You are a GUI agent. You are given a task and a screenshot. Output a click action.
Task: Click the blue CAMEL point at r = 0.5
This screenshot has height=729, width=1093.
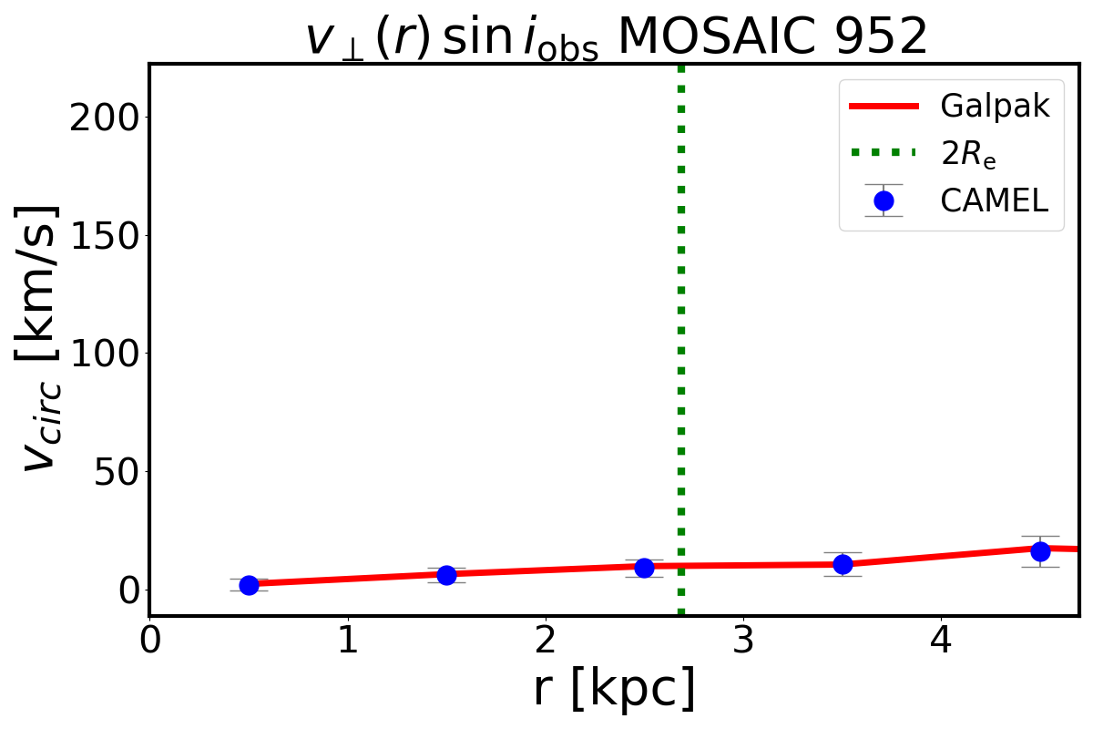coord(249,585)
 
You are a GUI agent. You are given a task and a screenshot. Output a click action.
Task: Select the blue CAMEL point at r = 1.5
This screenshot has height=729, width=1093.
coord(446,575)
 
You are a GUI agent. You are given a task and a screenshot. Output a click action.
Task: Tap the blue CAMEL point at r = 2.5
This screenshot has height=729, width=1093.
coord(644,568)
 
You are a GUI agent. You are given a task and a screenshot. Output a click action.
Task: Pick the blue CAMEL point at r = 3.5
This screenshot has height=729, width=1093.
coord(843,564)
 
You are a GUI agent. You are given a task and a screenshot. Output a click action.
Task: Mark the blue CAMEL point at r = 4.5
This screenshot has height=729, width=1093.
coord(1040,551)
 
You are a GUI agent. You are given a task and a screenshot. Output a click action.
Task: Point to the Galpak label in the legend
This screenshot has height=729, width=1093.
coord(995,107)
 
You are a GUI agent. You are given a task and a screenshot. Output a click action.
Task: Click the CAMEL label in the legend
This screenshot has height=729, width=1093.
coord(994,201)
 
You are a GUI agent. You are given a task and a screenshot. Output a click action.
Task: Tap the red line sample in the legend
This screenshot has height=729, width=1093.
coord(883,107)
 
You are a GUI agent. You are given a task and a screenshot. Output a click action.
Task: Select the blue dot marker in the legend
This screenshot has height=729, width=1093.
coord(883,200)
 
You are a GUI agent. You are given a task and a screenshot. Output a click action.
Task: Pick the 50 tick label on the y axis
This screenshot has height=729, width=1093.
coord(114,471)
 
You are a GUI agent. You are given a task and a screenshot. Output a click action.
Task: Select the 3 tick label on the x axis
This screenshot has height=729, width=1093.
coord(743,640)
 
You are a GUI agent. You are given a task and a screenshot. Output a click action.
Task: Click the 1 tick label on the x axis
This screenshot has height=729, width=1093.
coord(347,640)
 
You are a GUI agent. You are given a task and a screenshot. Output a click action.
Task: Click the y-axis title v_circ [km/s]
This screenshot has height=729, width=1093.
coord(41,337)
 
